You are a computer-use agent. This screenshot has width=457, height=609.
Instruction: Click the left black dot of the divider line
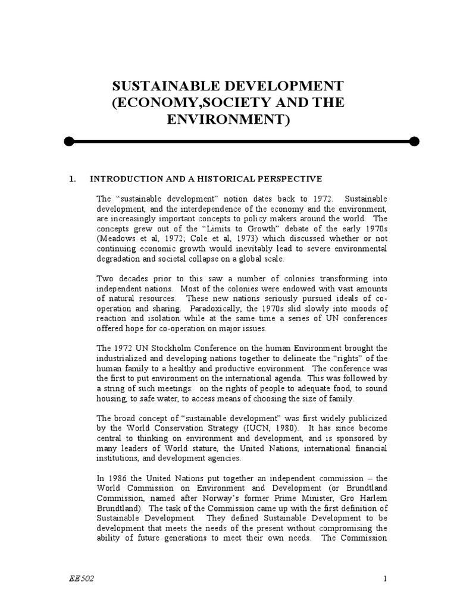[69, 142]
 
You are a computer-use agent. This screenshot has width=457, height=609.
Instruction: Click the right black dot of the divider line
[415, 142]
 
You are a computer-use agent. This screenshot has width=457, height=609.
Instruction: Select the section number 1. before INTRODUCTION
[73, 178]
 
